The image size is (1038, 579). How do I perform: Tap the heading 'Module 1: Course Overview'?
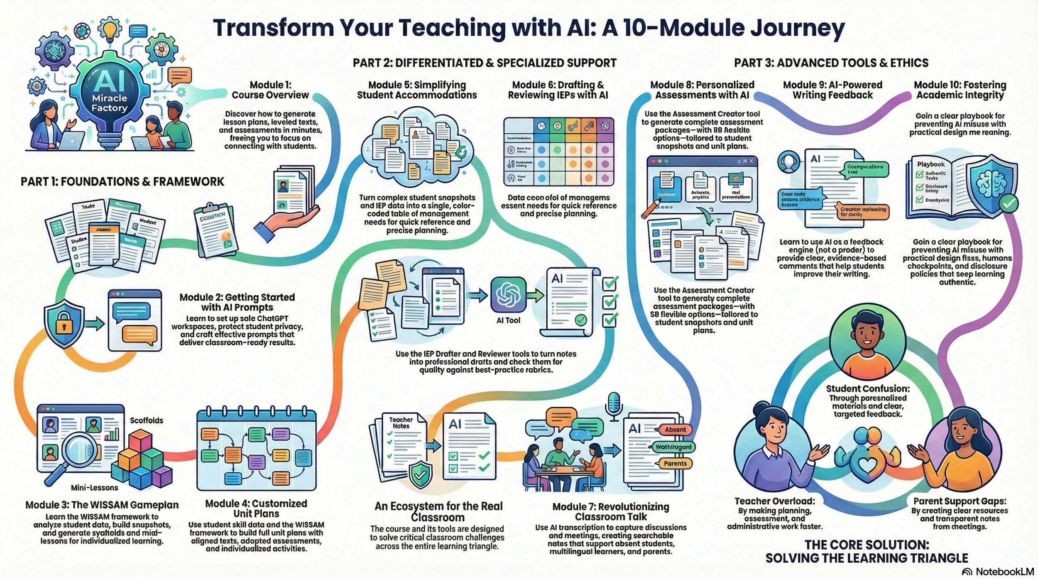click(x=270, y=90)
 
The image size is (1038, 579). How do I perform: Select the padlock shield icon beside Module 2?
click(x=64, y=324)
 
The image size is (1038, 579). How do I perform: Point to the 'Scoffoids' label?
click(x=147, y=420)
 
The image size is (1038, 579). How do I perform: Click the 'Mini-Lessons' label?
click(x=94, y=488)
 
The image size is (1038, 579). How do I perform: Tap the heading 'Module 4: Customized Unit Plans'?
click(x=256, y=508)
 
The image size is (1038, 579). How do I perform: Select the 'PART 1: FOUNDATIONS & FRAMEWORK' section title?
click(x=122, y=182)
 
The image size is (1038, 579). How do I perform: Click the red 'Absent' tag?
click(x=675, y=430)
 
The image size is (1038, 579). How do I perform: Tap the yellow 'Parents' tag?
click(x=675, y=464)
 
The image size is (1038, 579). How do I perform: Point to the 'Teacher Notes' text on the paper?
click(x=401, y=423)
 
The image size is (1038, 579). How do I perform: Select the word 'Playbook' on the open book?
click(x=931, y=164)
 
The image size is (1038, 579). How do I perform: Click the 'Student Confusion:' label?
click(x=868, y=389)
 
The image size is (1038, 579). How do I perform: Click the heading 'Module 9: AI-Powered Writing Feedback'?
click(x=832, y=90)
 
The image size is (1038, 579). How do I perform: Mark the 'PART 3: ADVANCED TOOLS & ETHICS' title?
click(x=831, y=63)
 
